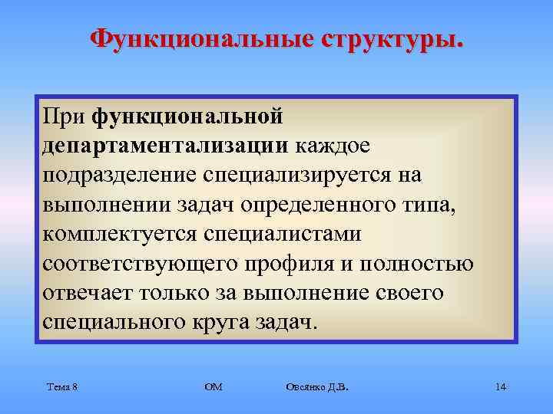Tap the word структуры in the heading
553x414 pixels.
(388, 38)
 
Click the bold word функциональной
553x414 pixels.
(189, 117)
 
